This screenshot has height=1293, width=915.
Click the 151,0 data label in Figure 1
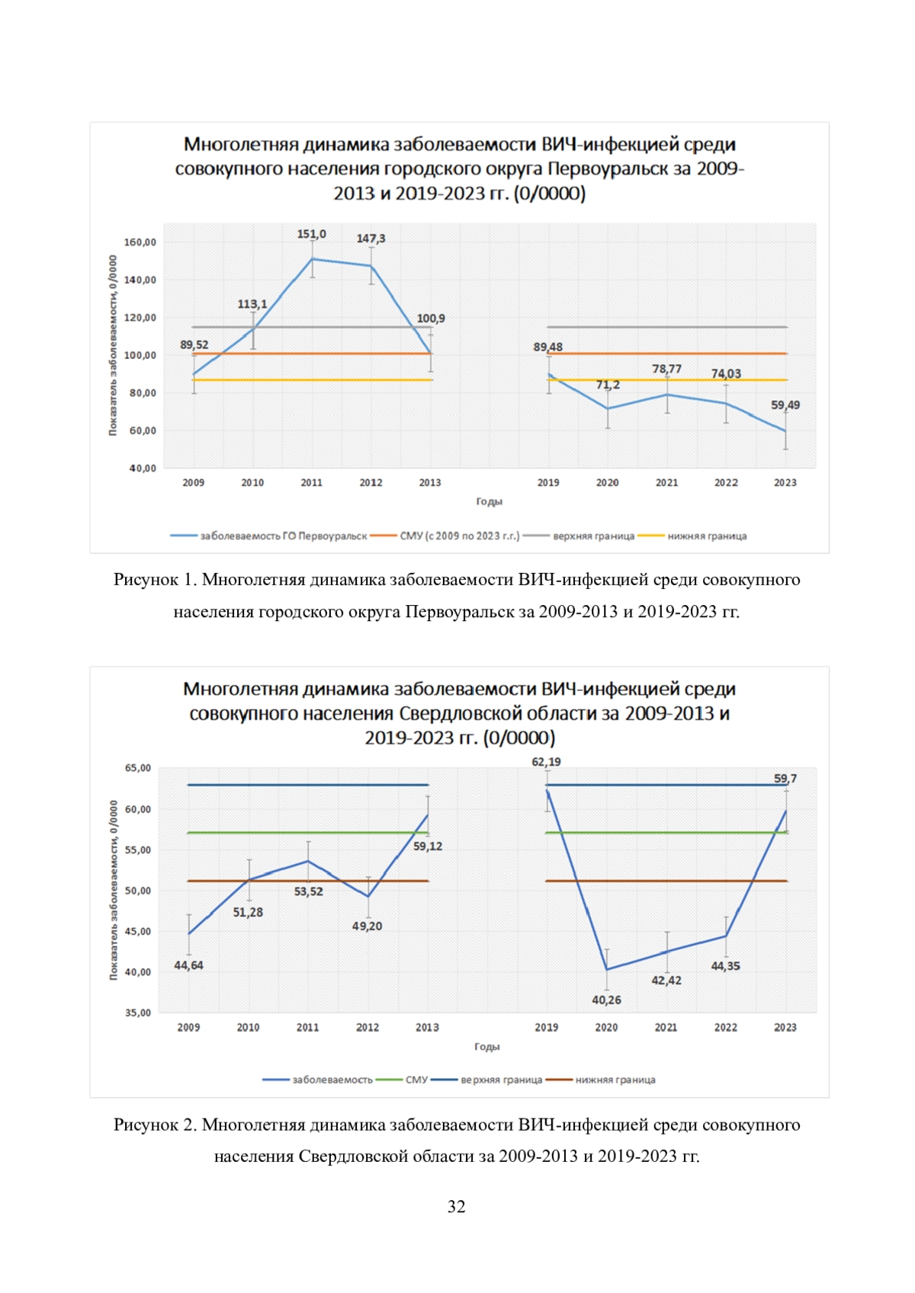tap(311, 234)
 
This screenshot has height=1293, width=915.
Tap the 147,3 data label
tap(371, 238)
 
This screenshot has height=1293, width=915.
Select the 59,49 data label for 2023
tap(785, 405)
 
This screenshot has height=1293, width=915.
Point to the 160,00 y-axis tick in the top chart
tap(140, 242)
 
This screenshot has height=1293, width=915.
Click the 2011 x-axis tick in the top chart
tap(311, 482)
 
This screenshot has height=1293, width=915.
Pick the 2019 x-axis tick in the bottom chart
tap(547, 1028)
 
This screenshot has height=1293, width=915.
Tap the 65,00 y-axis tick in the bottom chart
tap(138, 768)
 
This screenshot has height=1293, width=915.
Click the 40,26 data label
tap(606, 1000)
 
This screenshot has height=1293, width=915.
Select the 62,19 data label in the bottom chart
tap(547, 762)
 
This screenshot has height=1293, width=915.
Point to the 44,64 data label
tap(189, 965)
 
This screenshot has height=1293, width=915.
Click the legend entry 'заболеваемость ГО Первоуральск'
tap(268, 536)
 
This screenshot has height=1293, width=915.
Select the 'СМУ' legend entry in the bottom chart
tap(402, 1080)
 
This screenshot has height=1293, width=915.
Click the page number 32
tap(456, 1206)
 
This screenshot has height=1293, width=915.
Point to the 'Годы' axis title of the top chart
tap(490, 501)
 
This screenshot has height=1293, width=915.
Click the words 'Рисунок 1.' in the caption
tap(155, 580)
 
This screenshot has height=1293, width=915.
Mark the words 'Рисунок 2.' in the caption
tap(155, 1125)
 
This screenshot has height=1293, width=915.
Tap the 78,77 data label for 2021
tap(667, 369)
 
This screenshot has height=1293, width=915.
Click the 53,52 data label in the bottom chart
tap(309, 891)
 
